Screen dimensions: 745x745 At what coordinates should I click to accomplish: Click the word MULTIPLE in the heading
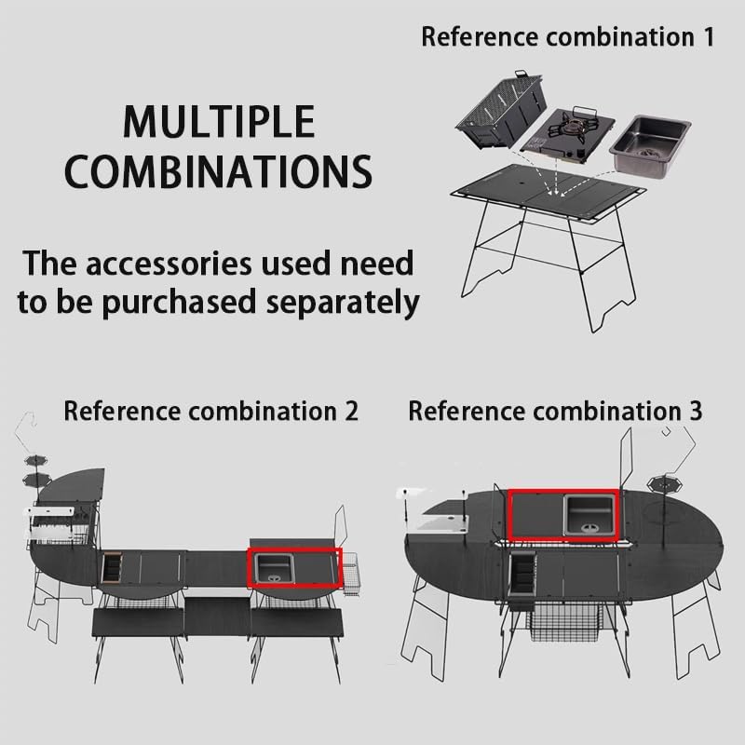click(x=219, y=123)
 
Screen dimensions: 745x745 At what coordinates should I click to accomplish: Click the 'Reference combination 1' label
click(x=568, y=37)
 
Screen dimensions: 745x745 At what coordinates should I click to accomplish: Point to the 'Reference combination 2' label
click(x=210, y=411)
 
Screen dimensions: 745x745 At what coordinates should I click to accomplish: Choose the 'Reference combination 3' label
click(x=556, y=411)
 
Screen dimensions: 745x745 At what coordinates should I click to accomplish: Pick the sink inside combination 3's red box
click(x=589, y=514)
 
